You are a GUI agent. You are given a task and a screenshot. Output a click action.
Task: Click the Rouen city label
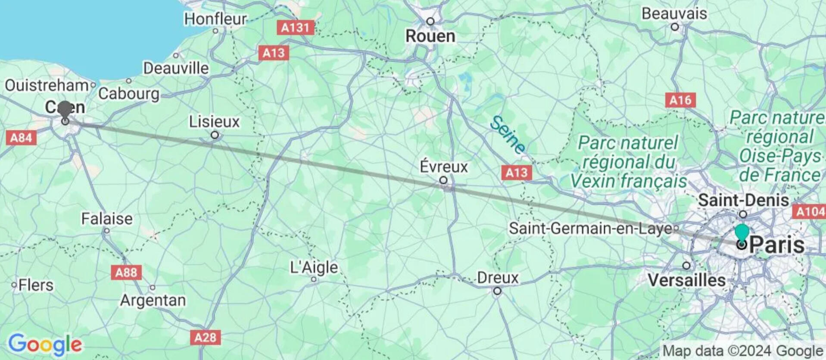click(x=430, y=36)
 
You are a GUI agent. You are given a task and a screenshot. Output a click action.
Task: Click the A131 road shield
click(x=295, y=28)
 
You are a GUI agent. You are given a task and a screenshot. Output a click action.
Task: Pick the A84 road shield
click(x=21, y=138)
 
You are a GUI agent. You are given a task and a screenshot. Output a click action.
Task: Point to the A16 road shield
click(x=680, y=100)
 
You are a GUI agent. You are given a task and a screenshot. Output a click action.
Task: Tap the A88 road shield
click(x=126, y=272)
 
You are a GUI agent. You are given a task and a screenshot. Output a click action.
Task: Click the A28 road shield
click(x=205, y=337)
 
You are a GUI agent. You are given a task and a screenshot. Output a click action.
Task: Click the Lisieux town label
click(x=214, y=122)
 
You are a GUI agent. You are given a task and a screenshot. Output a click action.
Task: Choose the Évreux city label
click(x=444, y=167)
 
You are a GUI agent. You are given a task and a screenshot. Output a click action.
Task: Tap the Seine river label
click(x=508, y=135)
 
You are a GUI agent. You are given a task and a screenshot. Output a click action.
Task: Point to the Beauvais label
click(x=674, y=14)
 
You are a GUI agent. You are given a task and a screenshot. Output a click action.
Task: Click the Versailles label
click(x=686, y=281)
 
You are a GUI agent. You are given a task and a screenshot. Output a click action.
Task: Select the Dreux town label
click(x=498, y=278)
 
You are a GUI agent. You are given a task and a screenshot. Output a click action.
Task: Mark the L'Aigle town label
click(x=314, y=268)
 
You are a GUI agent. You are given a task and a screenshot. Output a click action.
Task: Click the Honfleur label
click(x=215, y=19)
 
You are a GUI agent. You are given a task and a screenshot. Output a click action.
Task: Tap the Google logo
click(x=45, y=344)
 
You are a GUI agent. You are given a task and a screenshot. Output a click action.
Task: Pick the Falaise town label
click(x=107, y=219)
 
